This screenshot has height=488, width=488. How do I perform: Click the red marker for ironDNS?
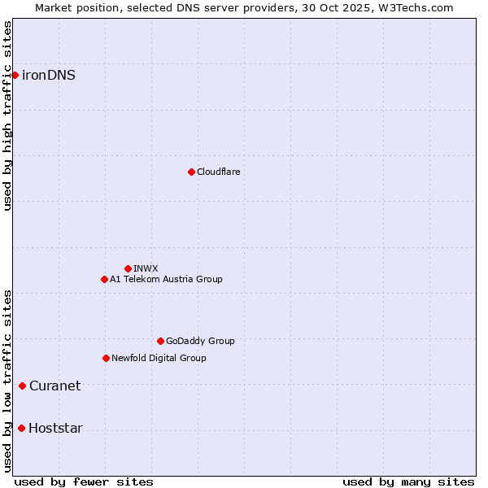point(15,75)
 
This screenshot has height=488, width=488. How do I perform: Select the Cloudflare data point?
point(191,172)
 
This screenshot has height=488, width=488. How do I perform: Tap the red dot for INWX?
point(128,268)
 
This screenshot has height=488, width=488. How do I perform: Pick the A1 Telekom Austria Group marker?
point(104,279)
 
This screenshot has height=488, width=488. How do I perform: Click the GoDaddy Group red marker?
point(160,341)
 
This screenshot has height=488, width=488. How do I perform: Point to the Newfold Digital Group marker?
point(106,358)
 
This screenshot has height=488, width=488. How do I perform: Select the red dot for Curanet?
point(22,386)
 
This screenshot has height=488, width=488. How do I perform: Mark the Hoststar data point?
point(21,428)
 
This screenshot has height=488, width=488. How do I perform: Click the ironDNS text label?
point(49,75)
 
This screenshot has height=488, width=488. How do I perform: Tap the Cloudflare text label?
point(218,172)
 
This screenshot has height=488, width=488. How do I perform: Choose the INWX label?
point(146,268)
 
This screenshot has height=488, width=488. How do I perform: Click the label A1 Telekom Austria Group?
point(166,279)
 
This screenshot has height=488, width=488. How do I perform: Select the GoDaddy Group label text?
point(200,341)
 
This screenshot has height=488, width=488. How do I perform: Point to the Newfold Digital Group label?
point(159,358)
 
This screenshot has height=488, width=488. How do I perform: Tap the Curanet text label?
point(54,386)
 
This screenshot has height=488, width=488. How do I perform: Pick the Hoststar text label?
point(55,428)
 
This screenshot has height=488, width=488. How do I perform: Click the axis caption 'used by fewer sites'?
point(84,481)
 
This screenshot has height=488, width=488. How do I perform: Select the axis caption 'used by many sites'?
point(408,481)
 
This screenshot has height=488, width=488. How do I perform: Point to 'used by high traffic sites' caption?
point(7,115)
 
